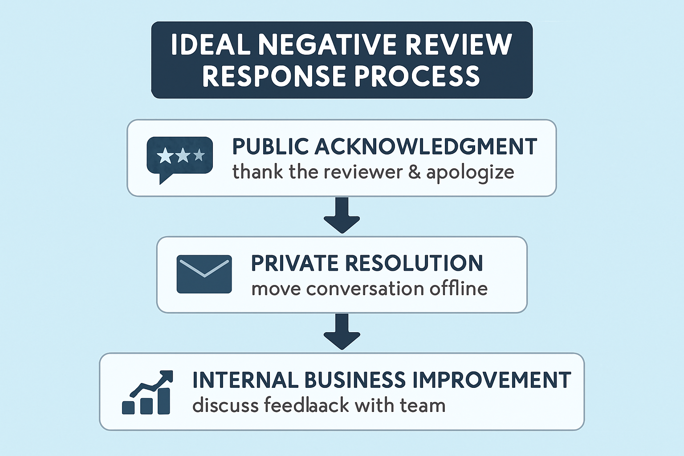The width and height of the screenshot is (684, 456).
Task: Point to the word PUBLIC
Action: pyautogui.click(x=270, y=147)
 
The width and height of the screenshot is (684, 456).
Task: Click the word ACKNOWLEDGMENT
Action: pyautogui.click(x=426, y=147)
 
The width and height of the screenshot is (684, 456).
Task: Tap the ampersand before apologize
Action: pyautogui.click(x=414, y=172)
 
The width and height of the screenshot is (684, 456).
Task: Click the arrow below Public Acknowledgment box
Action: pyautogui.click(x=342, y=216)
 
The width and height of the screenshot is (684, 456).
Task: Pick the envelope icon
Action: pyautogui.click(x=204, y=274)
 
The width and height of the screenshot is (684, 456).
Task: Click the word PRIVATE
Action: pyautogui.click(x=295, y=263)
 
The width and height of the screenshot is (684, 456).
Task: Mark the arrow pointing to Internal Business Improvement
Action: pyautogui.click(x=342, y=332)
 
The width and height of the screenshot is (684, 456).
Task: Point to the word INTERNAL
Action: pyautogui.click(x=245, y=380)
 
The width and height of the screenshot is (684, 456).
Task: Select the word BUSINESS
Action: pyautogui.click(x=355, y=380)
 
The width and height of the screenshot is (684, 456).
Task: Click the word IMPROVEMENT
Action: pyautogui.click(x=492, y=380)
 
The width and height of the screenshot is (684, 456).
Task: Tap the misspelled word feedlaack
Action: pyautogui.click(x=307, y=406)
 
